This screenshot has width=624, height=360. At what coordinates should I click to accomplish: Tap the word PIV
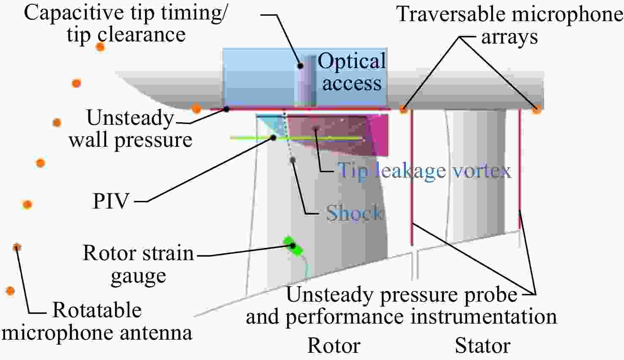[x=111, y=201]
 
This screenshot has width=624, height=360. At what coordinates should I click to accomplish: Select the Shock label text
[x=354, y=213]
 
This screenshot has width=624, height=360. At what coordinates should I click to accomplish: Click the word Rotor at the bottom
[x=334, y=346]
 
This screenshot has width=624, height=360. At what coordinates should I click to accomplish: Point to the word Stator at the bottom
[x=483, y=346]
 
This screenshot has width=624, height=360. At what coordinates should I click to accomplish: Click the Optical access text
[x=352, y=71]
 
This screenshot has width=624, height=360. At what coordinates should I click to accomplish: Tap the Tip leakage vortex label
[x=424, y=171]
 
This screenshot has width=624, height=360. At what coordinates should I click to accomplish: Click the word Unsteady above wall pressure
[x=130, y=118]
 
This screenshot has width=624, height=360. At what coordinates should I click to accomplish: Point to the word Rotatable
[x=97, y=310]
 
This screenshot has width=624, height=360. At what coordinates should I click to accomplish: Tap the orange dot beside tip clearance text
[x=100, y=47]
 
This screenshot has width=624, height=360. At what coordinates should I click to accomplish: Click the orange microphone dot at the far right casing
[x=536, y=109]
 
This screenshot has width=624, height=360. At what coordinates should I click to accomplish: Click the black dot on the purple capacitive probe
[x=300, y=66]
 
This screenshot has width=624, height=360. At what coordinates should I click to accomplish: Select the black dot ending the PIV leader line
[x=273, y=138]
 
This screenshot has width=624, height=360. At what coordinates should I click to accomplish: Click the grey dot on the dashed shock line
[x=293, y=160]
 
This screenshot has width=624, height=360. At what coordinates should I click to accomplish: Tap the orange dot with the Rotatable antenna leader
[x=17, y=247]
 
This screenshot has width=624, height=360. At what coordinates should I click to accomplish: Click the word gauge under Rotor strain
[x=138, y=277]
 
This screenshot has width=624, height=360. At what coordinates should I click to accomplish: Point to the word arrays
[x=509, y=37]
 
